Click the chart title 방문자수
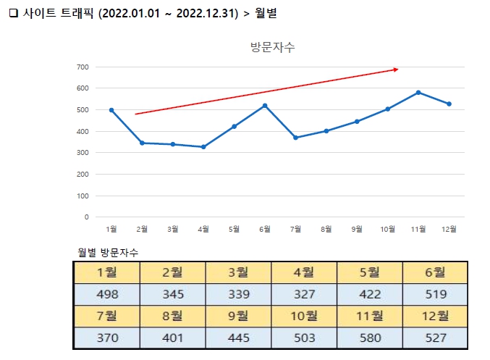point(272,48)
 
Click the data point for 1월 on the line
point(111,110)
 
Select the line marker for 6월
point(265,106)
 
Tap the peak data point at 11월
point(418,93)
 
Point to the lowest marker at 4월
point(203,147)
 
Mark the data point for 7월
point(295,138)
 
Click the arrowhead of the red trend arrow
point(395,70)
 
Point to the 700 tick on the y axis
point(82,67)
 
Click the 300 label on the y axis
point(82,153)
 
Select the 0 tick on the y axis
point(86,217)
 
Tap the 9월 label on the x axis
point(357,230)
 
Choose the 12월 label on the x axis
point(449,230)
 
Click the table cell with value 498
point(107,295)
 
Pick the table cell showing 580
point(369,338)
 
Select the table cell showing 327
point(304,295)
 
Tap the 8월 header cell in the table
point(172,317)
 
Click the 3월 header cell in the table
point(238,273)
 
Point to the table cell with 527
point(435,338)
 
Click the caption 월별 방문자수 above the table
point(108,252)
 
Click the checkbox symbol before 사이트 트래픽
point(12,14)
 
